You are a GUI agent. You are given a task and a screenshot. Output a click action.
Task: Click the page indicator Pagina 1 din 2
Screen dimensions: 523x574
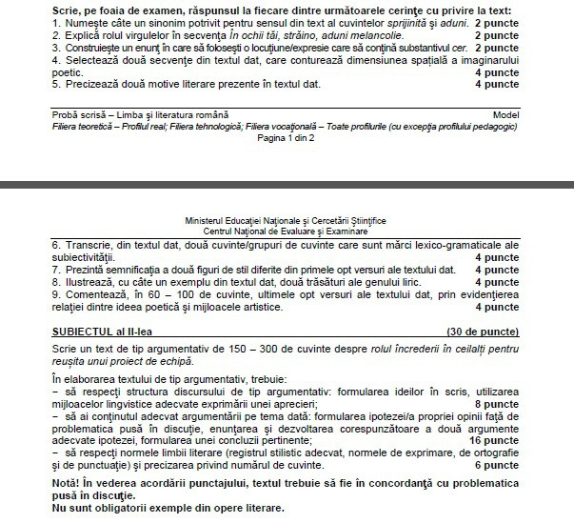tap(287, 134)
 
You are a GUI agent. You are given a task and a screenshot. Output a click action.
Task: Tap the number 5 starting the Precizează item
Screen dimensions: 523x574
tap(55, 83)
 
